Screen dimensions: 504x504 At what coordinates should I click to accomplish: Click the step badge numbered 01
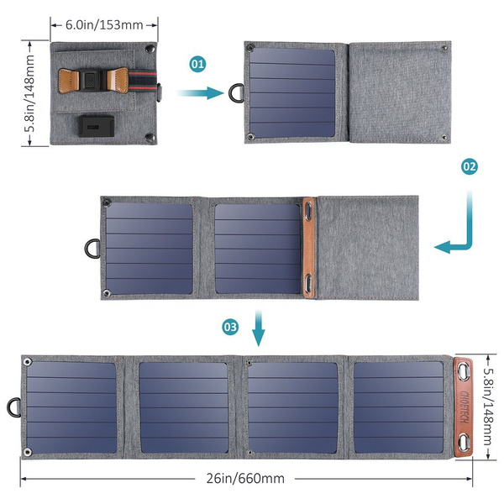(x=197, y=63)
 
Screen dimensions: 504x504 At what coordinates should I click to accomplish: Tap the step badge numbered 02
(x=469, y=166)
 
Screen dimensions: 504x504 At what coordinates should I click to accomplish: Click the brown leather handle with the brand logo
(x=465, y=407)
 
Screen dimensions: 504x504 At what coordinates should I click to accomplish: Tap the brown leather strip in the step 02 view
(x=309, y=248)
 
